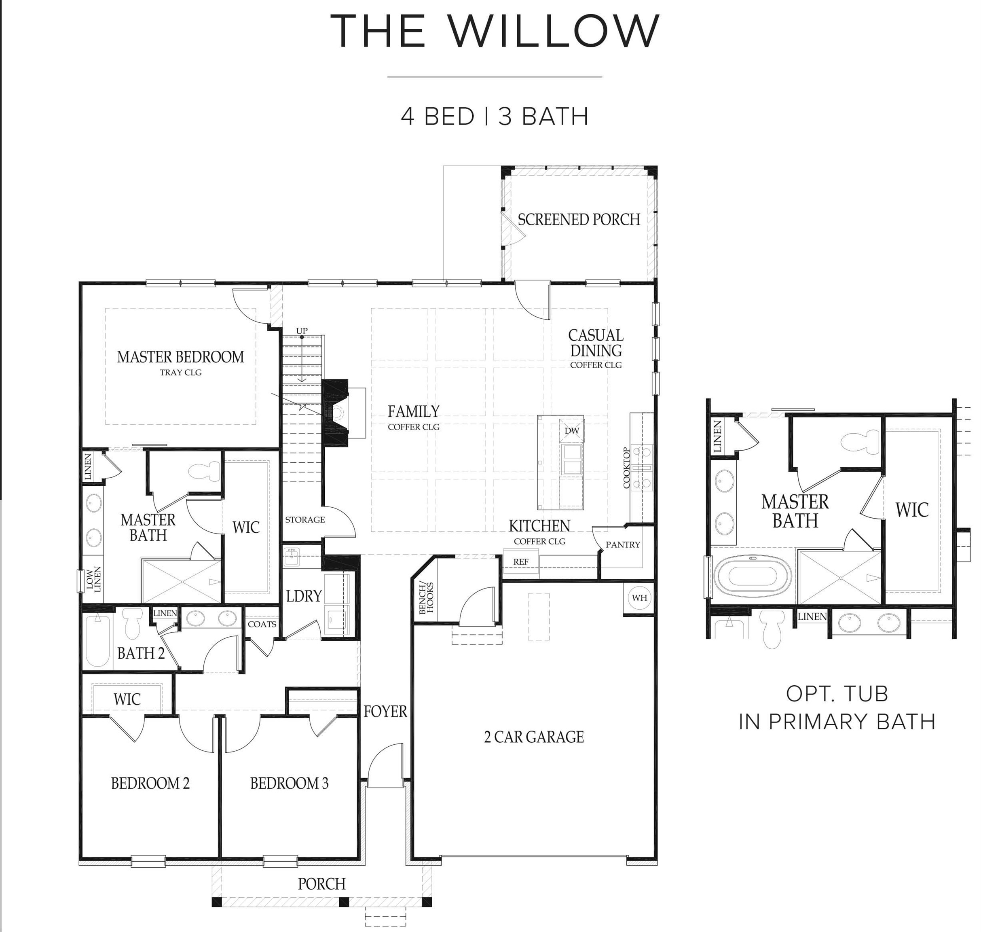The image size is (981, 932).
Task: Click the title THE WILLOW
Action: pyautogui.click(x=494, y=31)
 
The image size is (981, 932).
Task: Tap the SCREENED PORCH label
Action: pyautogui.click(x=579, y=220)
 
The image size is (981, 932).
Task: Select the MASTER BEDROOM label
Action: pyautogui.click(x=180, y=357)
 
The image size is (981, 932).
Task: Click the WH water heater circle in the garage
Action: pyautogui.click(x=639, y=597)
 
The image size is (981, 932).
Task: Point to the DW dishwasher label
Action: pyautogui.click(x=572, y=431)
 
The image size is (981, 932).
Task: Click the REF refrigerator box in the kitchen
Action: pyautogui.click(x=520, y=562)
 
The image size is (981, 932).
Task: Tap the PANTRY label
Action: pyautogui.click(x=623, y=544)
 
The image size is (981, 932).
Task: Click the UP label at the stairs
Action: pyautogui.click(x=302, y=331)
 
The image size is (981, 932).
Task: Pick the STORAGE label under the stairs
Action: pyautogui.click(x=304, y=520)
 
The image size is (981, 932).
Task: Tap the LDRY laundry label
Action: pyautogui.click(x=304, y=596)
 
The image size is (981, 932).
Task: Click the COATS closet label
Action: pyautogui.click(x=262, y=624)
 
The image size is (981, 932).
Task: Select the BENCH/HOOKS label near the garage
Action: pyautogui.click(x=426, y=598)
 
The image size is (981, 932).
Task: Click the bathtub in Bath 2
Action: pyautogui.click(x=97, y=641)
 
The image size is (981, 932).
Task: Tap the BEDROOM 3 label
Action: pyautogui.click(x=289, y=784)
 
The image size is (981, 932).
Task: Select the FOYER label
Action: pyautogui.click(x=385, y=712)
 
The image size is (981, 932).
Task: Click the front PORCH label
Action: pyautogui.click(x=321, y=884)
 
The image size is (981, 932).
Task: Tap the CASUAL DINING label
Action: pyautogui.click(x=596, y=343)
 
